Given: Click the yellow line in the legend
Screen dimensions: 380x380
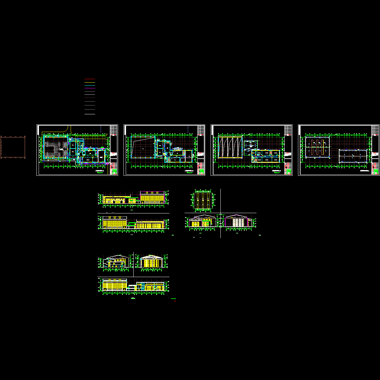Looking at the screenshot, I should click(x=90, y=82).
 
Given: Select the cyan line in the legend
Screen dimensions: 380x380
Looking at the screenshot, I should click(x=90, y=95).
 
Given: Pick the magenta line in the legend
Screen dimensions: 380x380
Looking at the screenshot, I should click(x=90, y=88).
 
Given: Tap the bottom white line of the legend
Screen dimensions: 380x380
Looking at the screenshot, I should click(x=90, y=114).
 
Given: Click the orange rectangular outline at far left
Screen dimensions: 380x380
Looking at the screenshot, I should click(x=13, y=147).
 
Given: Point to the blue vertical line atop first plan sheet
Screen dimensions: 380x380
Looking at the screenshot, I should click(x=101, y=130).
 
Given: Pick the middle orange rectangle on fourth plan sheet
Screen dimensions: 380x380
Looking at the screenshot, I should click(x=318, y=147).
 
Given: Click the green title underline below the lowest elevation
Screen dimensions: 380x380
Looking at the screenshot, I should click(x=133, y=299).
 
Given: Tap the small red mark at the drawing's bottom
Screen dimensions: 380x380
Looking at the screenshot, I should click(x=175, y=301).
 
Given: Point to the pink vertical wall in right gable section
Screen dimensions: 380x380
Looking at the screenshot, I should click(x=247, y=222).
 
